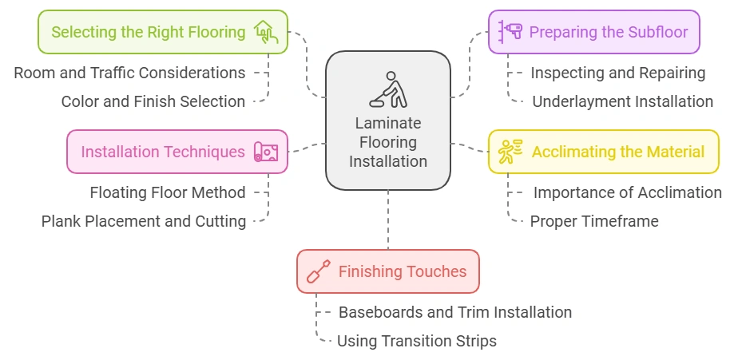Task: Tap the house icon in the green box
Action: coord(266,32)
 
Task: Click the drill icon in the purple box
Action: coord(510,32)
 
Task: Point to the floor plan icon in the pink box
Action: coord(266,152)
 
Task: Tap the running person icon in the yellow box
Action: coord(510,152)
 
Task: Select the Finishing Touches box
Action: coord(387,271)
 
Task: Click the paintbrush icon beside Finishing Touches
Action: coord(319,271)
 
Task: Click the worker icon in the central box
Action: coord(387,89)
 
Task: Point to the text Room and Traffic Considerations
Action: coord(129,73)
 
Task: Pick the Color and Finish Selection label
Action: coord(153,101)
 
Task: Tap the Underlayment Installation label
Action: coord(622,101)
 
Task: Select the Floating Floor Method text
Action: coord(167,192)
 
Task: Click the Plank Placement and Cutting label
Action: coord(144,221)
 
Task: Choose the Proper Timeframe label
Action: coord(594,221)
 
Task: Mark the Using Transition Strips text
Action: coord(416,341)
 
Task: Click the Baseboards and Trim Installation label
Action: coord(454,312)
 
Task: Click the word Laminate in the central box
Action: coord(387,125)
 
